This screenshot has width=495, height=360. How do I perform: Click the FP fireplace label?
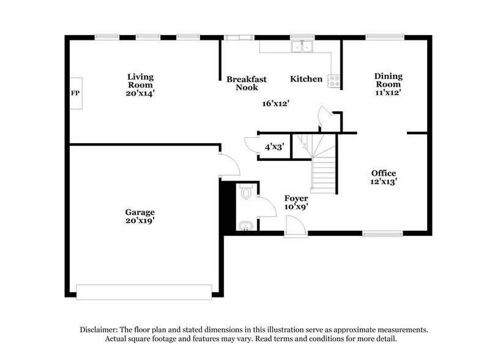76,94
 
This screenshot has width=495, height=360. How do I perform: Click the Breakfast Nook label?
243,83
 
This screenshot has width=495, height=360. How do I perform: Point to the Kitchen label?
306,79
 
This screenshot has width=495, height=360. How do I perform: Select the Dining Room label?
389,80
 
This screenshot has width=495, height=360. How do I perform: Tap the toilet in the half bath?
247,193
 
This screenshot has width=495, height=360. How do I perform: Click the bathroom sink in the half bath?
246,226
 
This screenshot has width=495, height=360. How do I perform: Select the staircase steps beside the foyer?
323,174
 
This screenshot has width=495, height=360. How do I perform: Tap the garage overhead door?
144,291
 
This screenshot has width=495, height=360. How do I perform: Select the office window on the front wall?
382,233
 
